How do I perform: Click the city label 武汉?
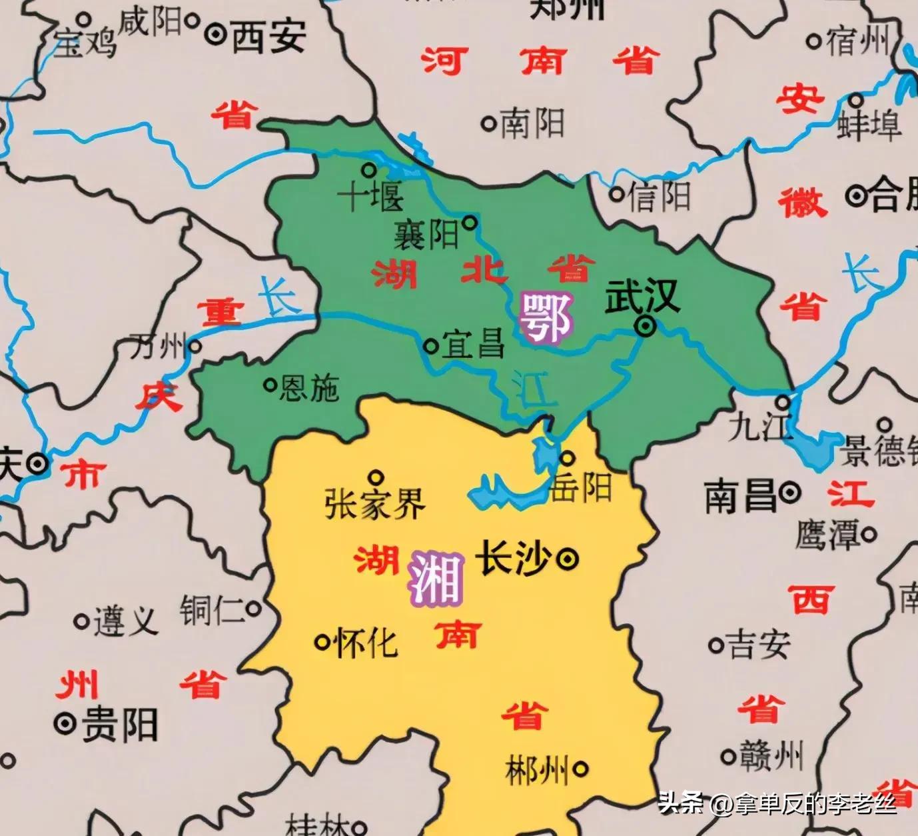642,297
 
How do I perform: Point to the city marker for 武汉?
644,326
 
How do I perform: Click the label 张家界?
375,504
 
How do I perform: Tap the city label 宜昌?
474,345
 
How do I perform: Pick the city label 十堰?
370,197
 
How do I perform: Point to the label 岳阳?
581,488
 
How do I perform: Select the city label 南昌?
741,497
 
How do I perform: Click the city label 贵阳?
120,725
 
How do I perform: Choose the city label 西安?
268,36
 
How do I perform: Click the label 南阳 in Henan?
532,123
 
